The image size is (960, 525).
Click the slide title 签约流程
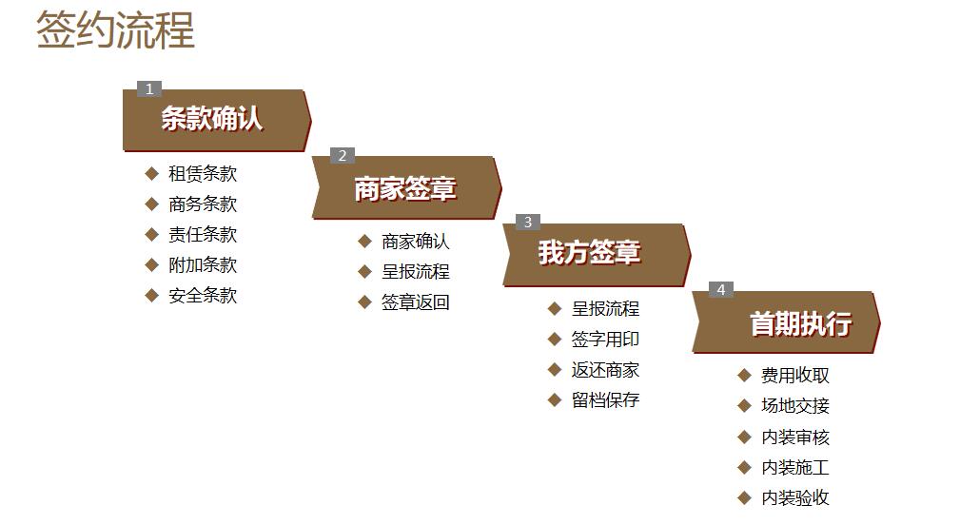[115, 30]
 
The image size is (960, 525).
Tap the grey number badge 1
[148, 88]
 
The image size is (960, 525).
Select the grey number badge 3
[528, 223]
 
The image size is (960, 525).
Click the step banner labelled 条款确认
[217, 120]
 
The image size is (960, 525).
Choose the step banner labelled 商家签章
[406, 188]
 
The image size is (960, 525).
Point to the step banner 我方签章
[597, 255]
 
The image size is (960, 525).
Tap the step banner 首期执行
[786, 321]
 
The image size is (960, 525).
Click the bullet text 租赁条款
[203, 174]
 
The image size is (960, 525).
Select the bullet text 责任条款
[203, 234]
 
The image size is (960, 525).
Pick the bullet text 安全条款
[203, 296]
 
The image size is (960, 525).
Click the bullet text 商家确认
[416, 242]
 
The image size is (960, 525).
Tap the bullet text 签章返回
[416, 302]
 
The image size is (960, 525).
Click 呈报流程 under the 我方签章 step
[605, 308]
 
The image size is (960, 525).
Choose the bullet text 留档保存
[605, 400]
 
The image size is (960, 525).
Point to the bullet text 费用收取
[795, 375]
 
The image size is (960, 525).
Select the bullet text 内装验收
[795, 497]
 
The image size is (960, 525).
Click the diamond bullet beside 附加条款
[152, 265]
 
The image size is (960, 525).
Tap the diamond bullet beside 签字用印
[555, 339]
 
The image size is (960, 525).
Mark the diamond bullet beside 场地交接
[744, 406]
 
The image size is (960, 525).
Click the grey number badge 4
[720, 289]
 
